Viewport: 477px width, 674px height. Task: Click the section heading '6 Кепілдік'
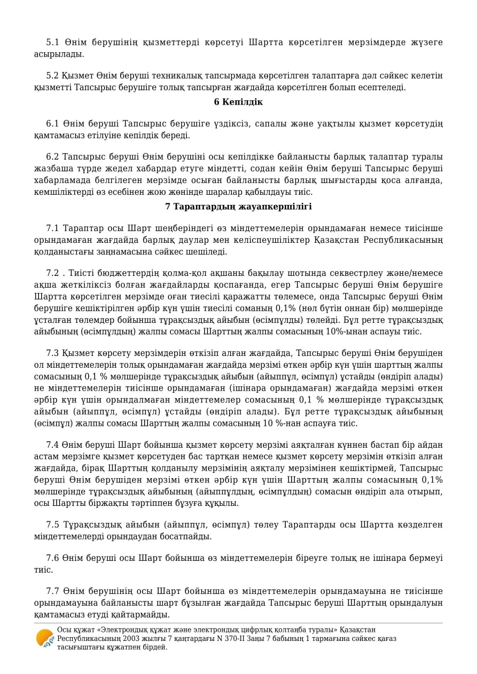coord(238,102)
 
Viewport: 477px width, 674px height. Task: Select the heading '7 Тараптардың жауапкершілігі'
coord(238,207)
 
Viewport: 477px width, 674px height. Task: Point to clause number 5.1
coord(52,43)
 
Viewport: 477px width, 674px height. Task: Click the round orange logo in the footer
coord(45,638)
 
